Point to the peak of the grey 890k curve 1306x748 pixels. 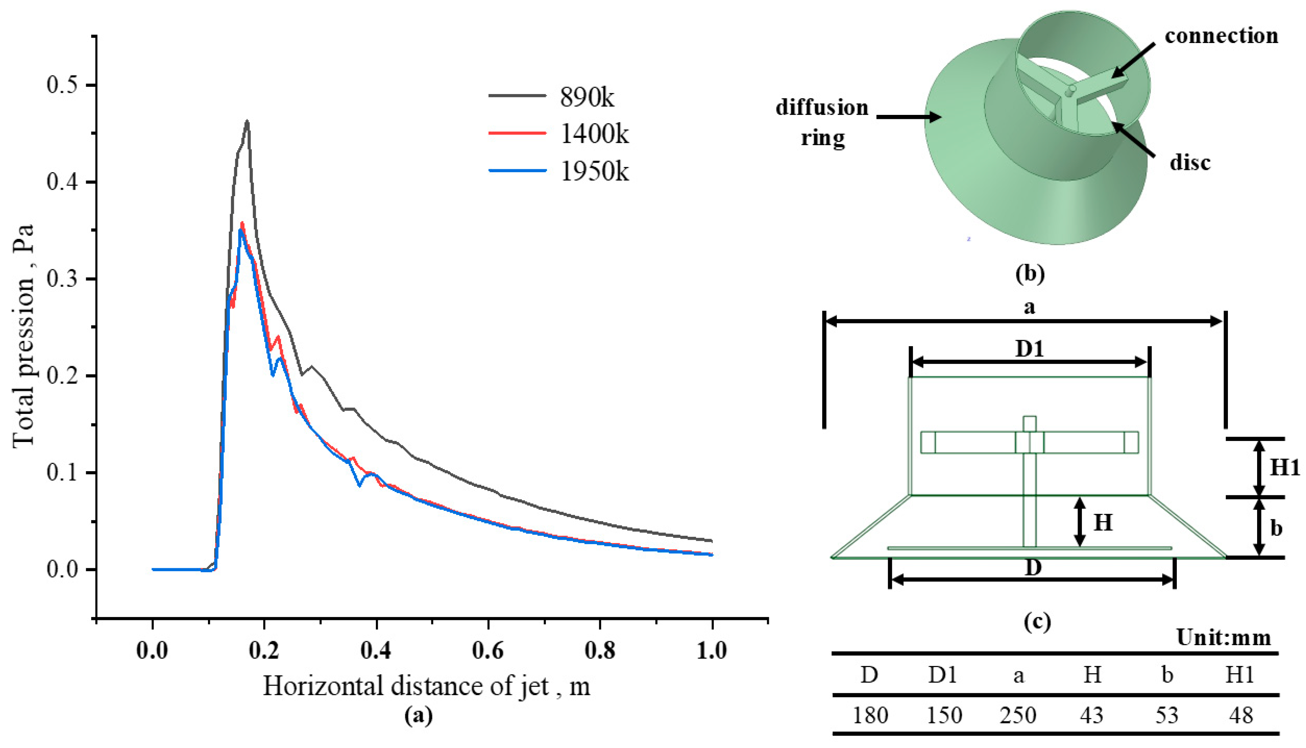[247, 122]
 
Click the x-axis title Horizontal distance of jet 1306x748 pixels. [426, 686]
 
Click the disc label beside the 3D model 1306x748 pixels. [1190, 163]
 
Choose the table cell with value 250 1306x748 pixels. [1018, 715]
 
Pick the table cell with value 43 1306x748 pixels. [1092, 715]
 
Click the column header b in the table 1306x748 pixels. [1167, 675]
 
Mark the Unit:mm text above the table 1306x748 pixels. [1223, 637]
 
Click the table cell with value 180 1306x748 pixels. [870, 715]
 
